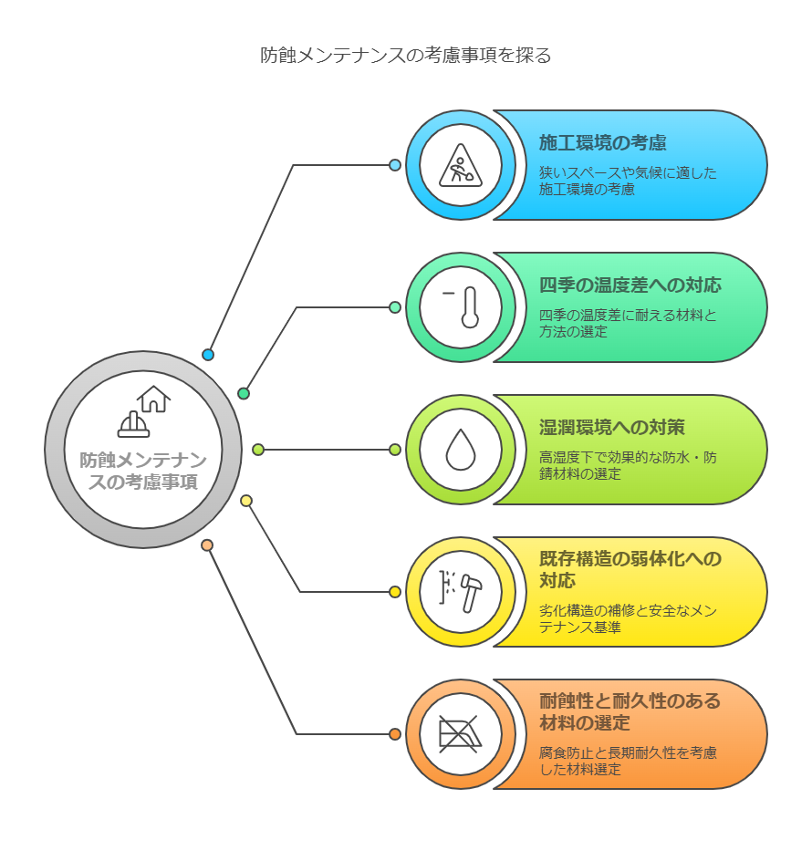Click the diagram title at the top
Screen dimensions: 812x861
[405, 56]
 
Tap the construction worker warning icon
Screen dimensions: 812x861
[461, 165]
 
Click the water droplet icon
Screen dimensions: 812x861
[461, 450]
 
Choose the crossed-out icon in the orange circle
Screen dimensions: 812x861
[461, 734]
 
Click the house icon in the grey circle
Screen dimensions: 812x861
[154, 399]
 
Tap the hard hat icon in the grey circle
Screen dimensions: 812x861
[133, 424]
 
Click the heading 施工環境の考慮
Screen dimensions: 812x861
[603, 143]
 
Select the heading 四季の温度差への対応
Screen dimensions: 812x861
[630, 285]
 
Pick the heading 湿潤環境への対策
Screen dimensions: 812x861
[612, 427]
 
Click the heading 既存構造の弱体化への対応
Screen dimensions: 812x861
[630, 569]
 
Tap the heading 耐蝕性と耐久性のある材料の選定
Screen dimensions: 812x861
[630, 711]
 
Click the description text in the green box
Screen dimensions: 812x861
[628, 324]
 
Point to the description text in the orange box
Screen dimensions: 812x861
[628, 761]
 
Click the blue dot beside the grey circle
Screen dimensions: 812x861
[208, 355]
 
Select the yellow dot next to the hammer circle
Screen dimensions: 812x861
[395, 592]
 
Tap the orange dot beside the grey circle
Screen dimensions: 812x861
[207, 545]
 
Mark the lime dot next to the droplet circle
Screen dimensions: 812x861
[395, 450]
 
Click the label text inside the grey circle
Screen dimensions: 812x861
[143, 472]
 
